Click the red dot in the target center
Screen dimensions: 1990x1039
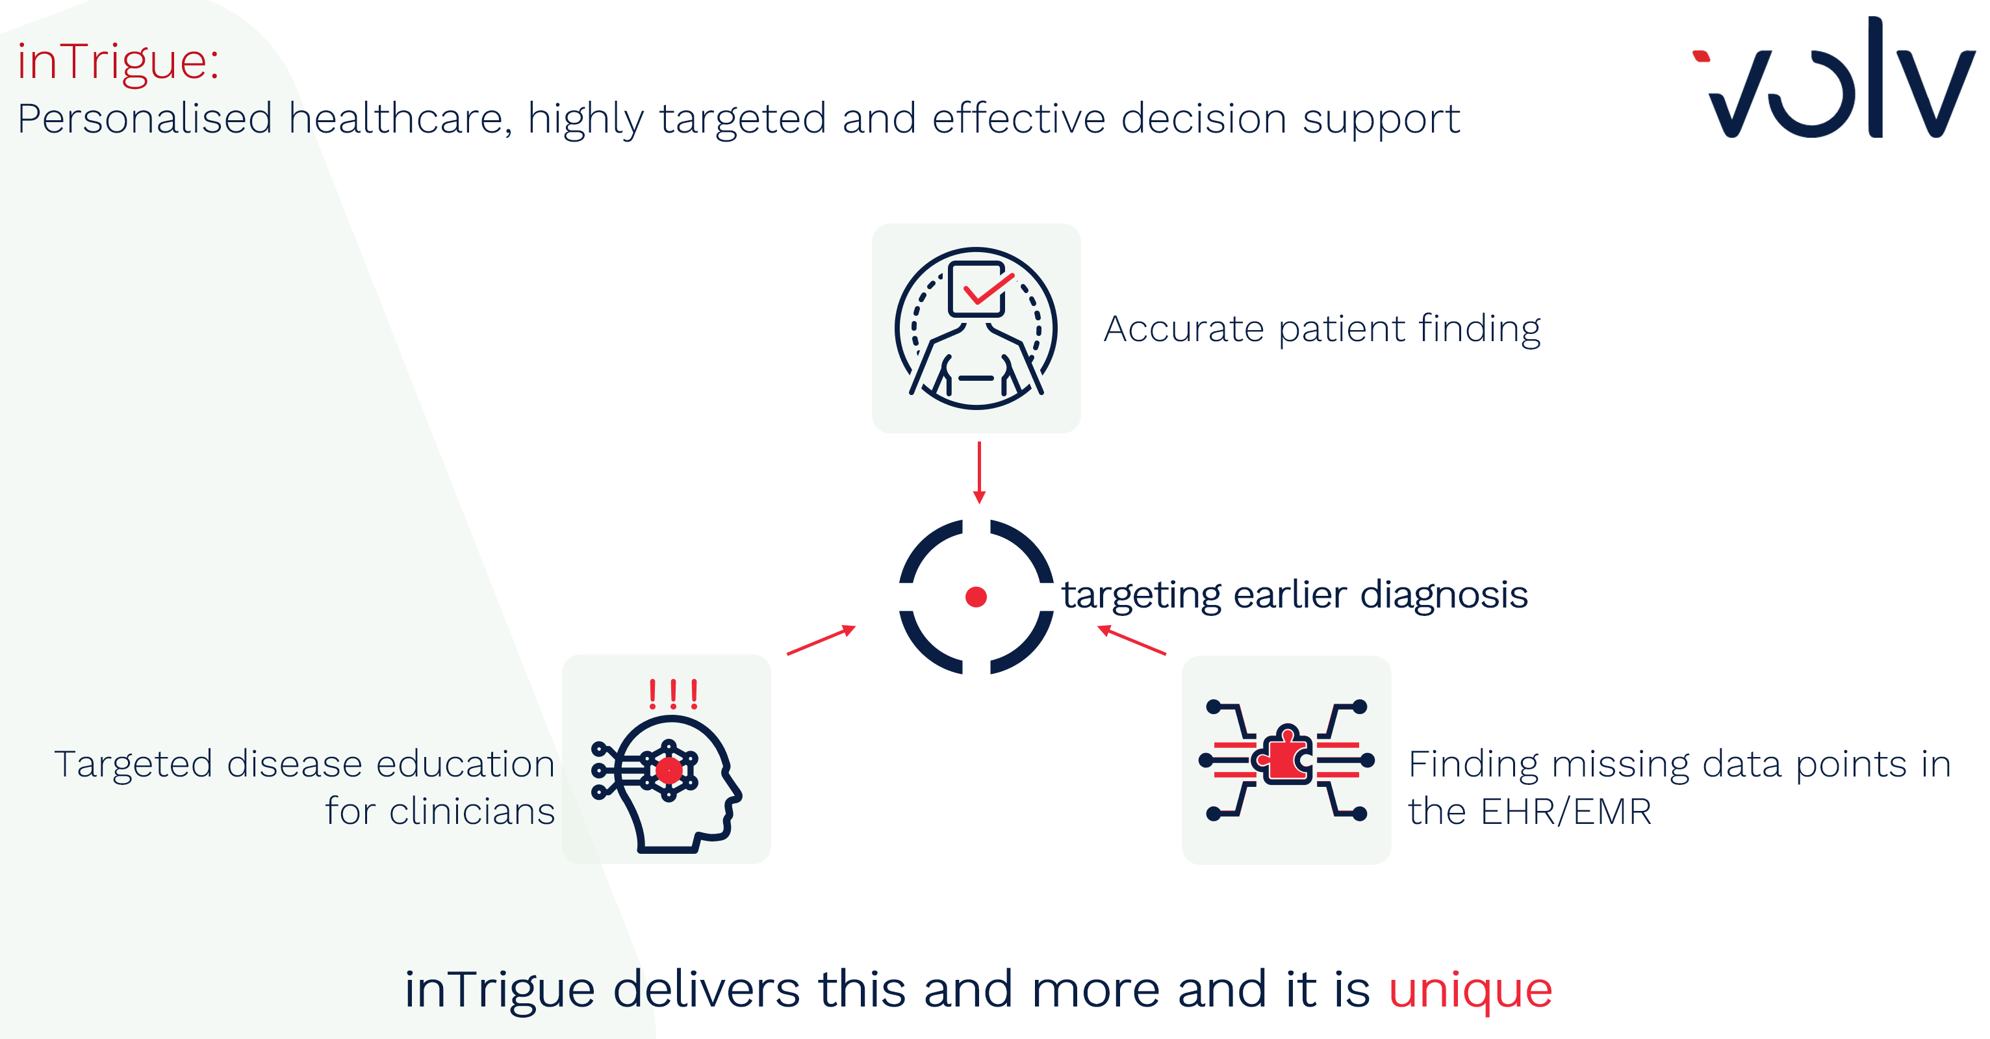[976, 597]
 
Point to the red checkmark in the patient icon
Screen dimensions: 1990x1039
[989, 289]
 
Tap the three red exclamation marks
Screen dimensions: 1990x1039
[674, 695]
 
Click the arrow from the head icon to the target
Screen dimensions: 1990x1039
[821, 641]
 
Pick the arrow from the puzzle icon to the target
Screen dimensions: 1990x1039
[1132, 641]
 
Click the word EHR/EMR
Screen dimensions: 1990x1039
[1566, 812]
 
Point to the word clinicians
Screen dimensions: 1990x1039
[471, 812]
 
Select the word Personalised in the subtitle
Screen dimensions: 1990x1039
[146, 119]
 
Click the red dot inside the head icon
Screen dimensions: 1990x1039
[669, 770]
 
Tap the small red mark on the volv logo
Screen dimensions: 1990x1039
[1701, 57]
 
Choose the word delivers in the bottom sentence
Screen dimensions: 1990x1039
[706, 990]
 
